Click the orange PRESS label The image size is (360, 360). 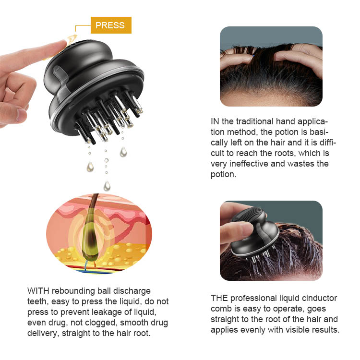click(110, 25)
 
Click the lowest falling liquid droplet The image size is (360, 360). click(107, 185)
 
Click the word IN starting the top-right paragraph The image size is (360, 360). click(215, 121)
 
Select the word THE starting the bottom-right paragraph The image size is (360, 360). click(219, 298)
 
